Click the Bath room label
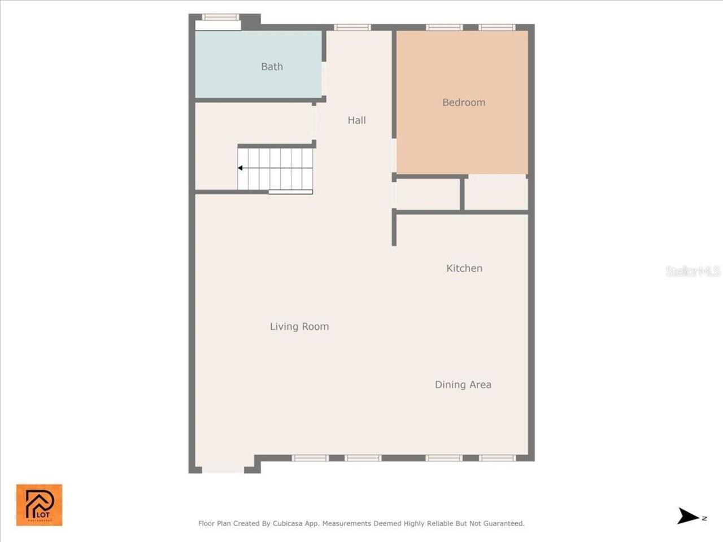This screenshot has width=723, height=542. click(x=272, y=67)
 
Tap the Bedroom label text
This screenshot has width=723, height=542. click(x=464, y=102)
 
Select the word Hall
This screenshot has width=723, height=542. click(x=356, y=120)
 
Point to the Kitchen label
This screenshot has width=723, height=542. click(x=464, y=268)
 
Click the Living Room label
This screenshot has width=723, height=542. click(x=299, y=326)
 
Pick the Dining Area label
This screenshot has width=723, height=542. click(x=463, y=384)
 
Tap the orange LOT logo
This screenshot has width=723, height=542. click(x=39, y=505)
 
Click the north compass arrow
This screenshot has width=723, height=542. click(x=689, y=516)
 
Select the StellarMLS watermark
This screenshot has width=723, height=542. click(x=692, y=272)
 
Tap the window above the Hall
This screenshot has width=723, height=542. click(x=352, y=27)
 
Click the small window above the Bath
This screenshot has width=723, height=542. click(x=220, y=17)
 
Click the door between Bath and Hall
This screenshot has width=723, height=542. click(x=324, y=78)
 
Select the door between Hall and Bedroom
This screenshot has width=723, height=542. click(x=394, y=155)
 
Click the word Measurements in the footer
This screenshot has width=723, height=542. click(x=346, y=523)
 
